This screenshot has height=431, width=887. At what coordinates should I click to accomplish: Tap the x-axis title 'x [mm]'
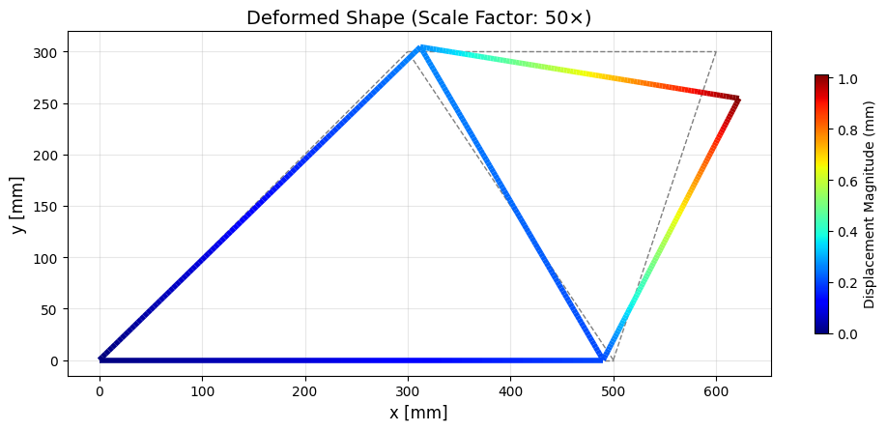pos(418,413)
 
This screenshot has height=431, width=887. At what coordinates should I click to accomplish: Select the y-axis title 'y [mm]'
pos(18,204)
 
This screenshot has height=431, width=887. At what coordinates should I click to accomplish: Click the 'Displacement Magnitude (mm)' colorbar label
pos(870,204)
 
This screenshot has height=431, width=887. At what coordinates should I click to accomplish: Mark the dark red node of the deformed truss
pos(737,99)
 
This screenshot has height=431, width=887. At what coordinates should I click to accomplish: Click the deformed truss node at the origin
pos(101,359)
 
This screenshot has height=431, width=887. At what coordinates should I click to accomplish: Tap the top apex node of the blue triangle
pos(420,47)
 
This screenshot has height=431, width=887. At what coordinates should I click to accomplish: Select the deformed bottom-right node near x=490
pos(602,359)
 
